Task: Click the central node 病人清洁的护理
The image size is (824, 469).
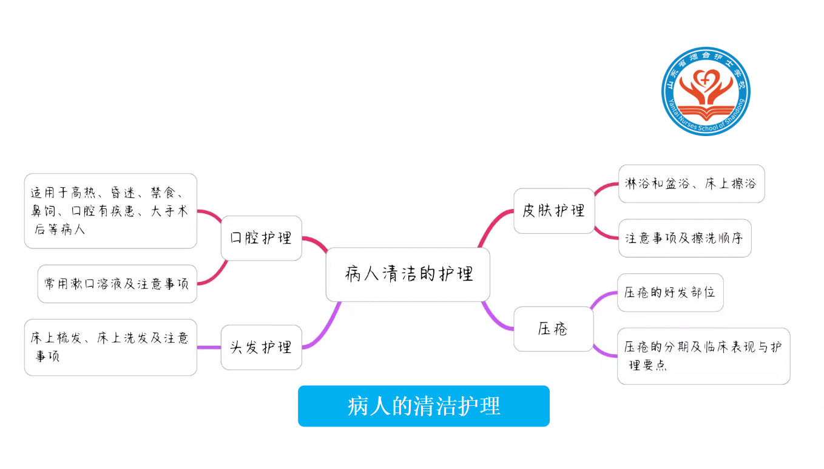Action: (x=408, y=274)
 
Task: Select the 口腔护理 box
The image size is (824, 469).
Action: (x=261, y=238)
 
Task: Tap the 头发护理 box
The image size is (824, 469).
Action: (x=261, y=347)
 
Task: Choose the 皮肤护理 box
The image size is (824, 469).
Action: (x=554, y=211)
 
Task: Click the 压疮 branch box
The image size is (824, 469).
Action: (x=553, y=329)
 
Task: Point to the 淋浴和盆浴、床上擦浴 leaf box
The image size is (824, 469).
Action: (x=691, y=183)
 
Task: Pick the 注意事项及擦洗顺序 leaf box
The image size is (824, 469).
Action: (x=684, y=238)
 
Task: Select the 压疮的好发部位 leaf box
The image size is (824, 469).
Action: (x=670, y=292)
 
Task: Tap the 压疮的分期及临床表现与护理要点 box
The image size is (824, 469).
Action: (x=703, y=356)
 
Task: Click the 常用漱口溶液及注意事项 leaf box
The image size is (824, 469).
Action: (x=117, y=284)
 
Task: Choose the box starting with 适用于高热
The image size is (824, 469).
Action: (x=110, y=211)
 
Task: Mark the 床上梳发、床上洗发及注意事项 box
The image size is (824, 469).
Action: (x=110, y=347)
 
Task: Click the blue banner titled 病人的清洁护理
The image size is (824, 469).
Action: (x=424, y=406)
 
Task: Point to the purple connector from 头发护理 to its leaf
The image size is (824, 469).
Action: (x=209, y=347)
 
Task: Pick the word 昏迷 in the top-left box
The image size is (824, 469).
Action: (x=123, y=193)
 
